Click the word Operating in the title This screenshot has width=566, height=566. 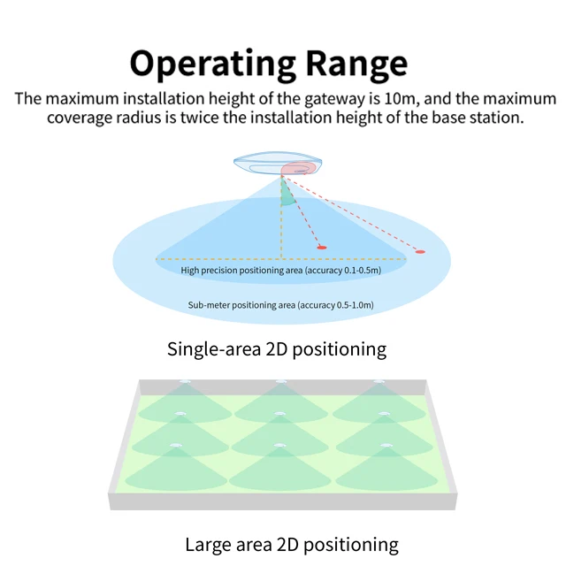[211, 65]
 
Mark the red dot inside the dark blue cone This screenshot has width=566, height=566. [322, 247]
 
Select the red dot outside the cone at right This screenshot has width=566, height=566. [420, 252]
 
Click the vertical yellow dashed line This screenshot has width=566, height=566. [282, 221]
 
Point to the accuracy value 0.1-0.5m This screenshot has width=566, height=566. [362, 271]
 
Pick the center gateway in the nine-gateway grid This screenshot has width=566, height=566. [280, 413]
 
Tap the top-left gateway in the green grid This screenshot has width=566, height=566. [186, 384]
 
